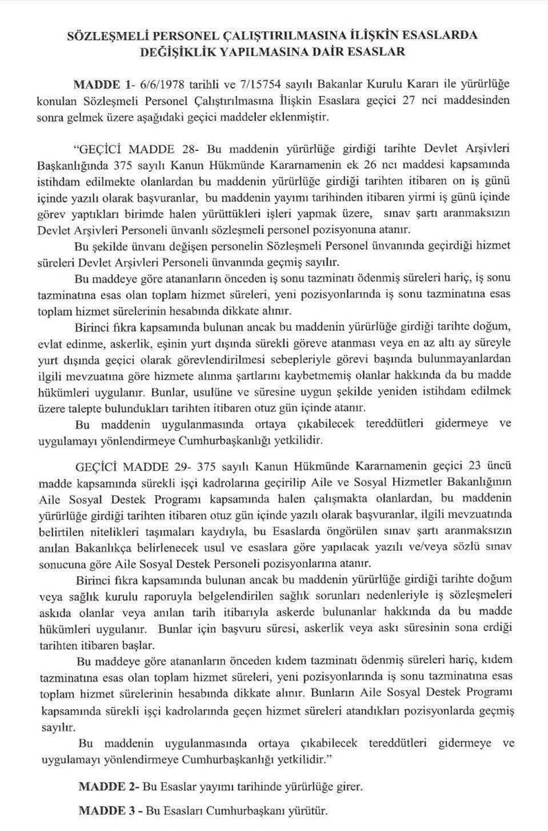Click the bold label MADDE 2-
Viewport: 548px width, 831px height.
click(x=105, y=787)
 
